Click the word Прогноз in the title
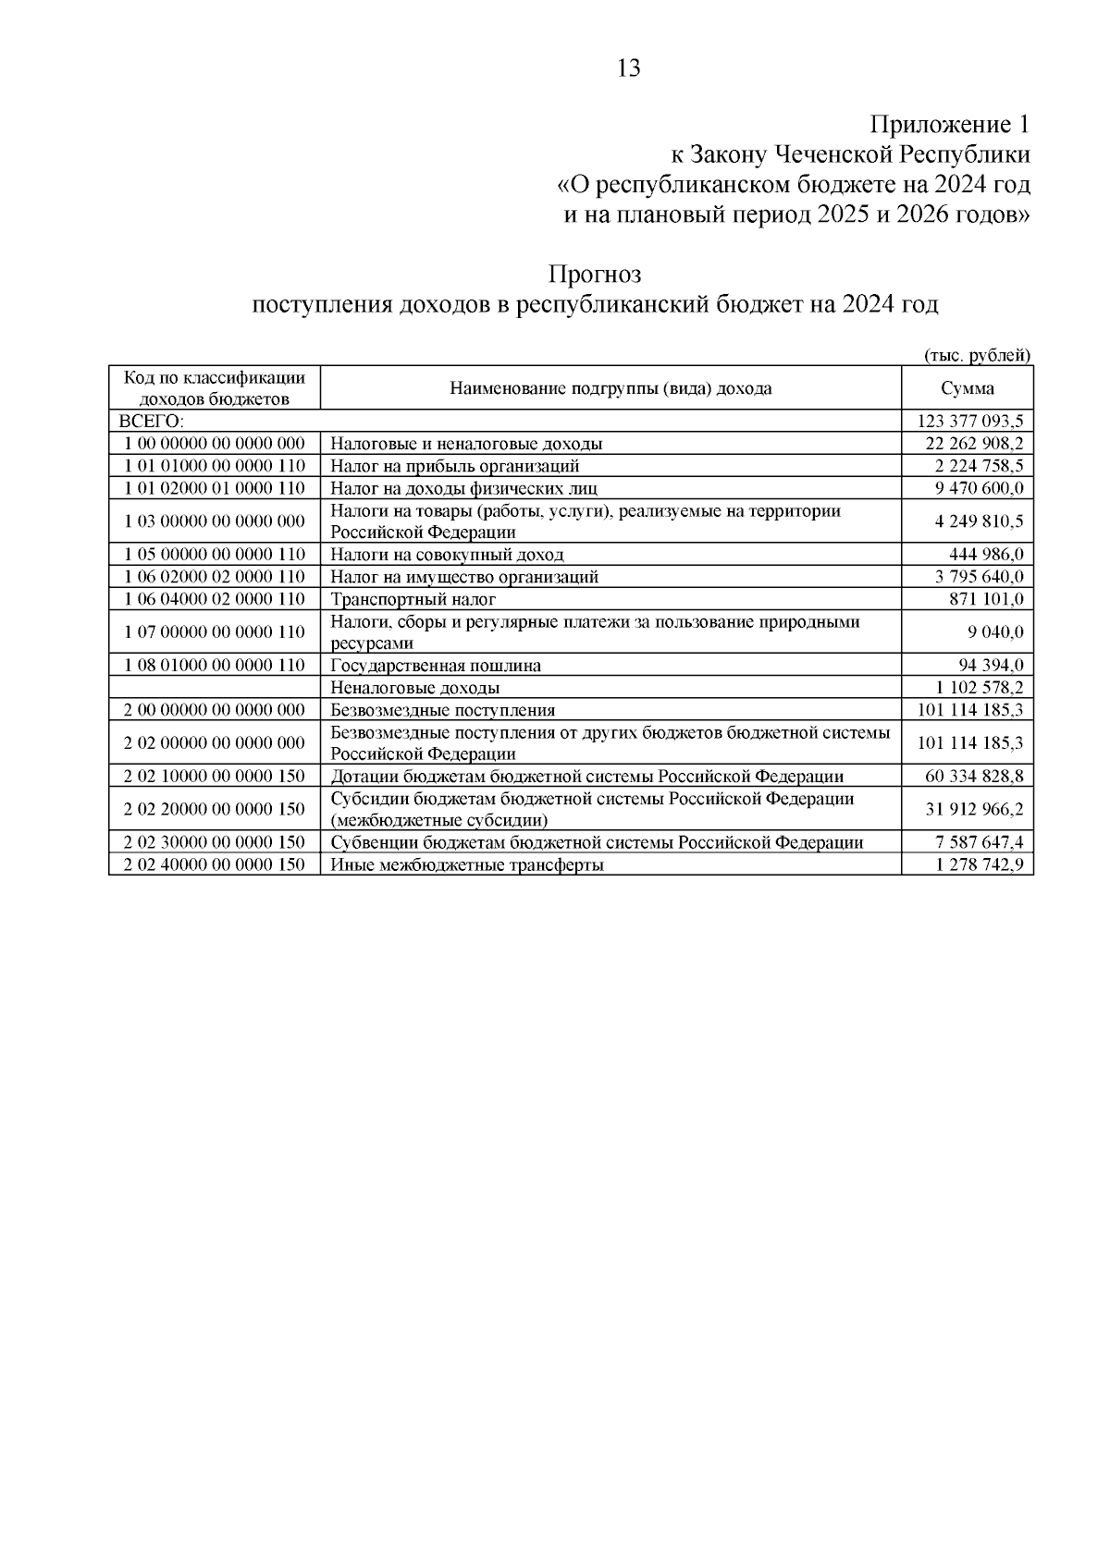[595, 275]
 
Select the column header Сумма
[968, 388]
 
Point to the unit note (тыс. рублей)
[977, 355]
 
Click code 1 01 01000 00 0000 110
[215, 466]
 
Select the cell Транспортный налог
[413, 599]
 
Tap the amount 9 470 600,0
[979, 488]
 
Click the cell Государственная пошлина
[436, 666]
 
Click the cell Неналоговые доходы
[415, 688]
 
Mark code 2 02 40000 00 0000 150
[215, 865]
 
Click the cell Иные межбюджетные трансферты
[467, 865]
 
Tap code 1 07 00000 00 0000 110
[215, 632]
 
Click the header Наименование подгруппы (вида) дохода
[610, 388]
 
